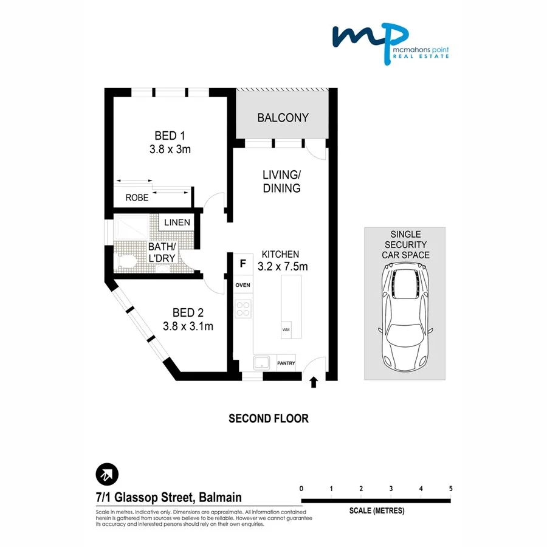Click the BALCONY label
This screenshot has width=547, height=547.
(283, 117)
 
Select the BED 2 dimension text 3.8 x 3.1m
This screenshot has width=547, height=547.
(188, 326)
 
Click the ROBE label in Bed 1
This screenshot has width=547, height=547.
(137, 198)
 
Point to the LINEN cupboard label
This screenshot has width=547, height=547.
(177, 222)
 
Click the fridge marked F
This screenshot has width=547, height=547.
(243, 264)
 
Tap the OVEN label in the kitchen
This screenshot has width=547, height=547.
(243, 284)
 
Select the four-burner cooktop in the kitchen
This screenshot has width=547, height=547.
(243, 309)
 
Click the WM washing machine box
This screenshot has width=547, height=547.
(286, 329)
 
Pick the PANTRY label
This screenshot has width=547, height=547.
(286, 363)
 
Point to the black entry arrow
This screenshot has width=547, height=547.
(314, 382)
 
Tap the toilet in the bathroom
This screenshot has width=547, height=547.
(126, 263)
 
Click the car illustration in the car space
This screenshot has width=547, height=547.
(404, 320)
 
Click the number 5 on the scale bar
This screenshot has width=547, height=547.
(450, 489)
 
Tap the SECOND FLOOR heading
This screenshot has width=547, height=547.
(268, 418)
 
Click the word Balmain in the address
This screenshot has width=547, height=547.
(220, 498)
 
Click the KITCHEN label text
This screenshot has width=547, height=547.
(280, 254)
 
